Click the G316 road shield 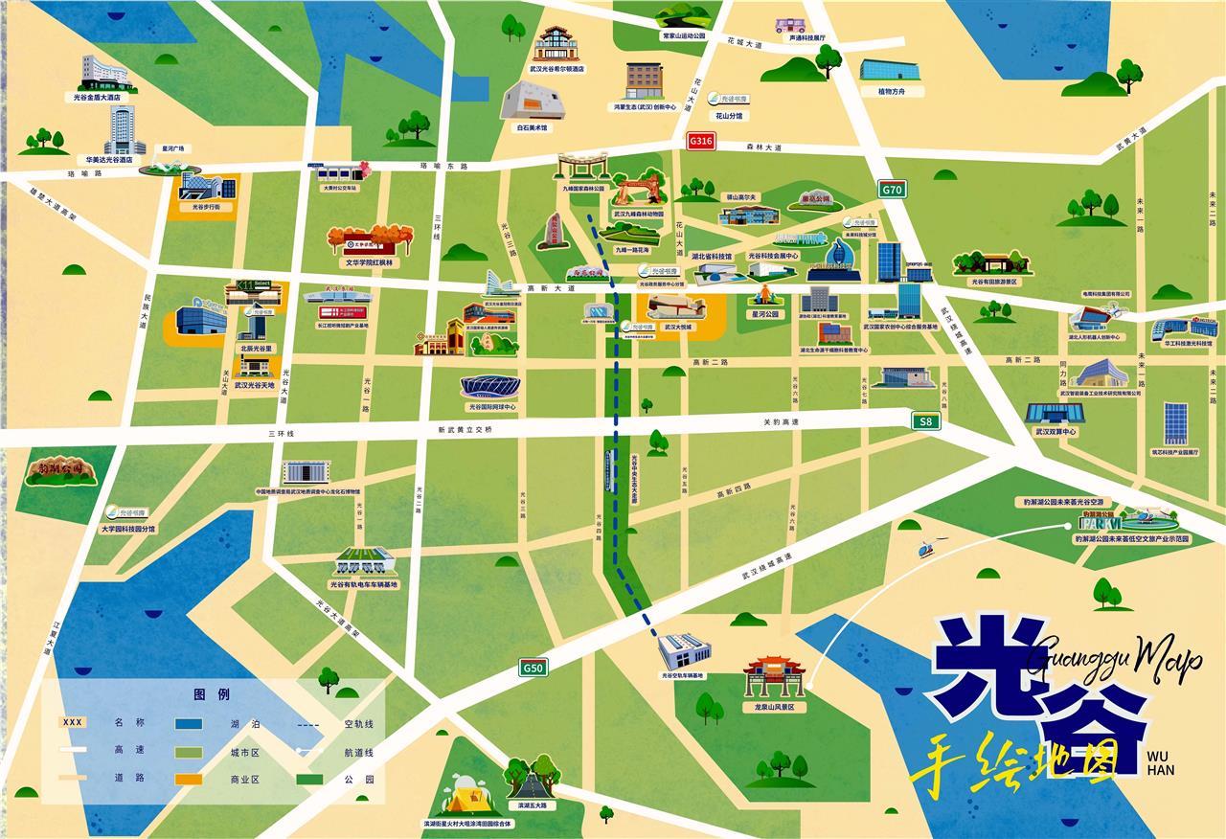(701, 141)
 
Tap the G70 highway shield (892, 190)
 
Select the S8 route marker (925, 421)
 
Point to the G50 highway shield (534, 668)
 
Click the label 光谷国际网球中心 (489, 407)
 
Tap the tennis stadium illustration (489, 385)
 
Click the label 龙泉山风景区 (775, 707)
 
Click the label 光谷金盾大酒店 (102, 97)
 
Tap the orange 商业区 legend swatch (189, 779)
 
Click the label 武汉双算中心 (1056, 432)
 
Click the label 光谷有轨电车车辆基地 (363, 584)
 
